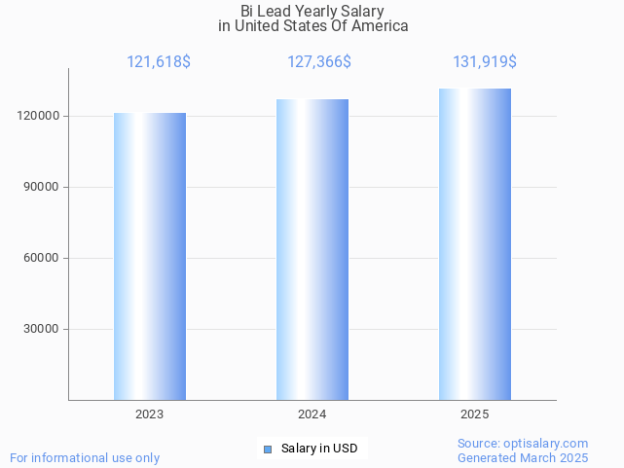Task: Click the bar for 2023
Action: point(150,256)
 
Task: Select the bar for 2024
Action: point(312,249)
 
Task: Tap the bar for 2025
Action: point(475,244)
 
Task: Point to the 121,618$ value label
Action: point(159,62)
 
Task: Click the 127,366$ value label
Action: point(319,62)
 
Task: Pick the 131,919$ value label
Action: point(485,62)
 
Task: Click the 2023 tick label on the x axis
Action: point(150,414)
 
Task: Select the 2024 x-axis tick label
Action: point(312,414)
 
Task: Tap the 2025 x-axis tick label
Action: point(475,414)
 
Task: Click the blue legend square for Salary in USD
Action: point(268,449)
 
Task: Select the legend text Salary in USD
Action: point(319,449)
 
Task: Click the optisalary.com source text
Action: point(523,444)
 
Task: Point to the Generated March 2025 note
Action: point(523,457)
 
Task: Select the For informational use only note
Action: point(85,457)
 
